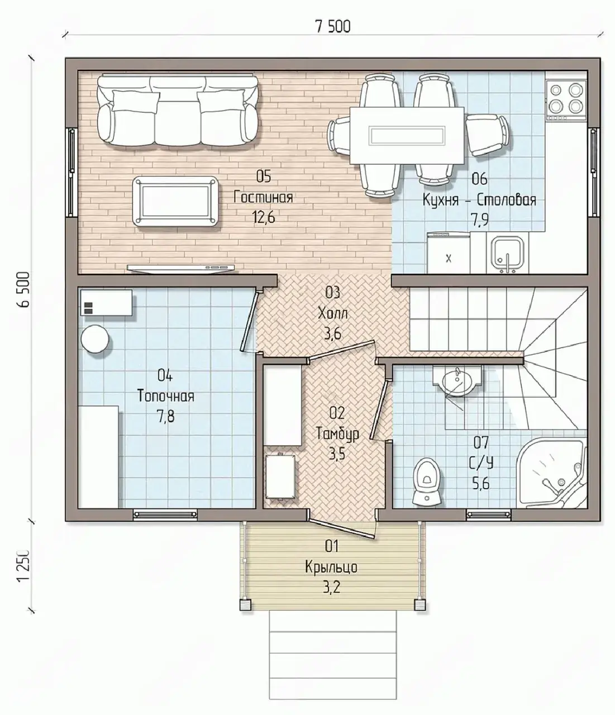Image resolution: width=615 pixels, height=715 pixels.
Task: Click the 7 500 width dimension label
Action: pos(332,27)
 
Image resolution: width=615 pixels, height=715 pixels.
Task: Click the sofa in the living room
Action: pos(178,111)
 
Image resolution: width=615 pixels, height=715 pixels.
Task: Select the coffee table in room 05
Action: pos(176,201)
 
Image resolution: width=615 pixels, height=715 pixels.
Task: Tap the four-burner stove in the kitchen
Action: pos(567,96)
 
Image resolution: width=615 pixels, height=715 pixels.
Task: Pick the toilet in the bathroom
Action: pos(427,481)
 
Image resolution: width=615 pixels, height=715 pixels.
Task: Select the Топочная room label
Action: pos(166,396)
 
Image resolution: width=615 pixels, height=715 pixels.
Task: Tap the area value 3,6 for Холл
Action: pos(333,334)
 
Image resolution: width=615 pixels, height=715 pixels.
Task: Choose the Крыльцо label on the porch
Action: pos(331,568)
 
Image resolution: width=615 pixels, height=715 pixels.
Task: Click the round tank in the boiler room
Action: pos(95,339)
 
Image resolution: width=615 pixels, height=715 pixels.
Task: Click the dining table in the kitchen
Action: pos(407,136)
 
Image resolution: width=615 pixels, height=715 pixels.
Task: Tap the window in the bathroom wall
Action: pos(488,514)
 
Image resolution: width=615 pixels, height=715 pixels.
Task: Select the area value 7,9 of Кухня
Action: pos(479,220)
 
